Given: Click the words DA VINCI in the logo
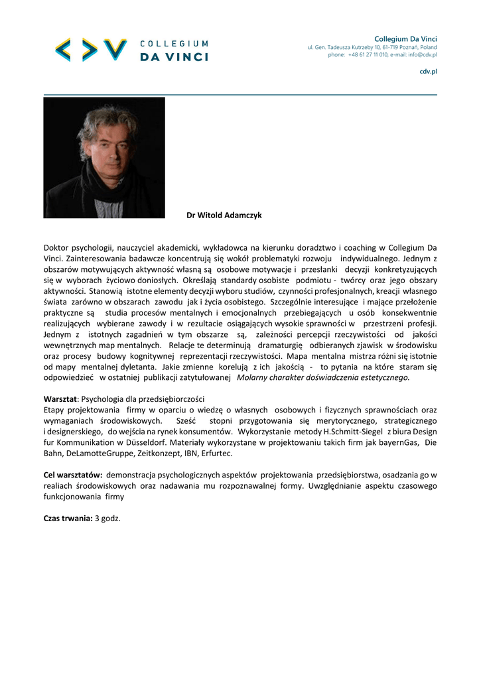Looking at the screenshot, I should click(x=174, y=57).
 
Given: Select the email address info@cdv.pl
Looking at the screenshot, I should click(x=422, y=55).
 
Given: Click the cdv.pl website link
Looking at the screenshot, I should click(x=428, y=71).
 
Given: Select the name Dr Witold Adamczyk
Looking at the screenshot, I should click(x=224, y=216).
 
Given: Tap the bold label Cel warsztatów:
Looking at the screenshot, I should click(x=72, y=475).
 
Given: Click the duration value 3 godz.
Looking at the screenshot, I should click(x=107, y=518).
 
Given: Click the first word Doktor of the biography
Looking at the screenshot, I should click(x=56, y=247).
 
